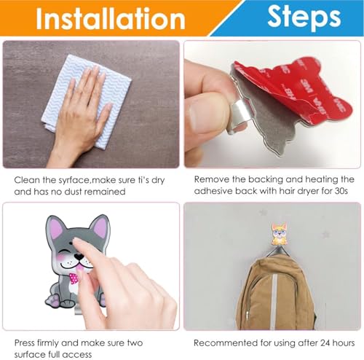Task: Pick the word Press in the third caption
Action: pos(28,342)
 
